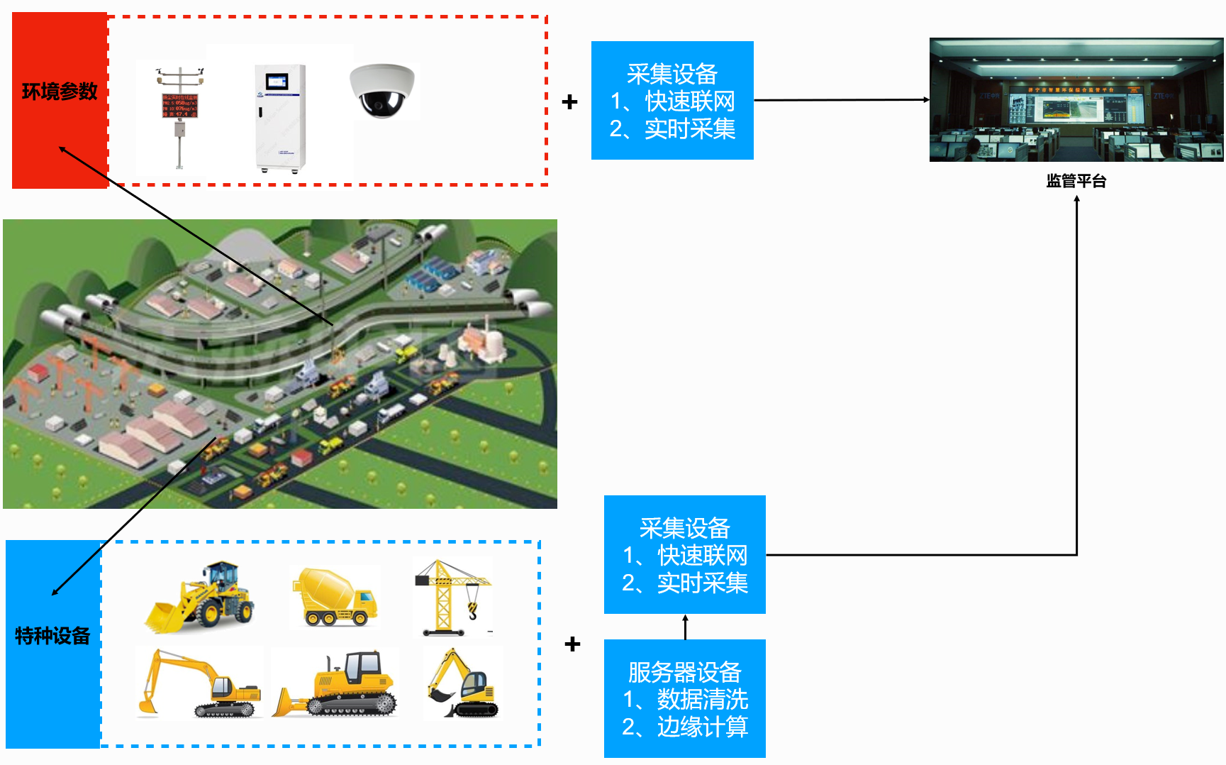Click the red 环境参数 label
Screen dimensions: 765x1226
coord(60,92)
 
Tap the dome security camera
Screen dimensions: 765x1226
coord(382,91)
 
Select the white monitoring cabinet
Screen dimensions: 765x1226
coord(281,118)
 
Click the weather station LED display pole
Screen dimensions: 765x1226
coord(180,117)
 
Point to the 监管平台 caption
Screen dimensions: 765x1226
coord(1076,181)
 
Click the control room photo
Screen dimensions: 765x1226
coord(1076,100)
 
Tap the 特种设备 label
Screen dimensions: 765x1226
coord(52,636)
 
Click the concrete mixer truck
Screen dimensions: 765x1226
coord(334,597)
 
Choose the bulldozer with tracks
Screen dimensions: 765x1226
coord(338,684)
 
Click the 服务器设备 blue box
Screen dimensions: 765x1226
coord(684,699)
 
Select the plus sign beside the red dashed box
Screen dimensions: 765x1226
coord(569,102)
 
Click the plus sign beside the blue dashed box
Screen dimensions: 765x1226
coord(572,644)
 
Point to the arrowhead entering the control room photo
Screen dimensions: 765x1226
coord(925,100)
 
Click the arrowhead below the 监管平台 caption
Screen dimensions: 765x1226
coord(1076,199)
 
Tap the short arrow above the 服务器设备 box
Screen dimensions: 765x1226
coord(685,626)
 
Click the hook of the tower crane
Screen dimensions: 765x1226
coord(473,610)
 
